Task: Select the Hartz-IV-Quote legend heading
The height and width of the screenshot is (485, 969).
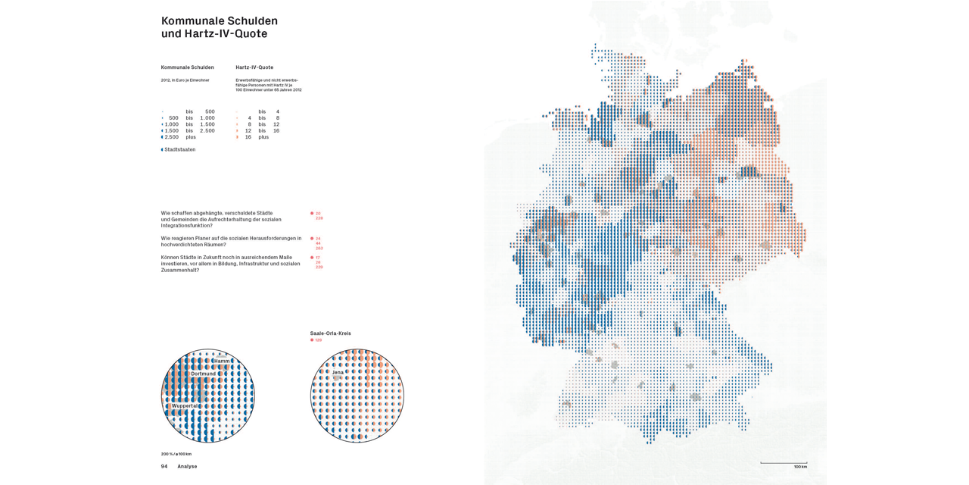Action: click(x=254, y=67)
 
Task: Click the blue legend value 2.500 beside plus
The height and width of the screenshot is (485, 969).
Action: click(x=172, y=137)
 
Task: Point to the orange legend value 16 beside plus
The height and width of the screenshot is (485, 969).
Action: click(x=248, y=137)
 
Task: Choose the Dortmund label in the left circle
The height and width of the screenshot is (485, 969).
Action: click(x=203, y=374)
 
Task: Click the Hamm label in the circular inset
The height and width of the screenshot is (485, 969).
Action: click(x=222, y=361)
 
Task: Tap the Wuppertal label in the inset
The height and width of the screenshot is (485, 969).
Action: click(x=184, y=405)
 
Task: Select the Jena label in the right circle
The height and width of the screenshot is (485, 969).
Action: click(x=338, y=372)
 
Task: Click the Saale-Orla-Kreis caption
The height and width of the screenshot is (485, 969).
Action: click(x=330, y=333)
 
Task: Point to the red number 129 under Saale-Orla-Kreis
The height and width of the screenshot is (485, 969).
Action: click(x=318, y=340)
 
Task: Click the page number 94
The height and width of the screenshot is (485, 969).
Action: click(x=164, y=466)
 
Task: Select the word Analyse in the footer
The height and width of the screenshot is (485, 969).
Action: click(x=187, y=466)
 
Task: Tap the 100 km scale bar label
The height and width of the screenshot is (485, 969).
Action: click(x=800, y=467)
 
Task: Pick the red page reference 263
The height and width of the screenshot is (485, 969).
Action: click(x=319, y=249)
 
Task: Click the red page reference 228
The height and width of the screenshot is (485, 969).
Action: click(x=319, y=218)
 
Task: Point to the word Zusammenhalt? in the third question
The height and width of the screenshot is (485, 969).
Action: click(x=181, y=270)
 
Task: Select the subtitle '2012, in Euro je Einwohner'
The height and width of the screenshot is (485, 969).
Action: click(x=185, y=80)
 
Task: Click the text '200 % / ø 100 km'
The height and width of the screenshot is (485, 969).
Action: click(x=176, y=454)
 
